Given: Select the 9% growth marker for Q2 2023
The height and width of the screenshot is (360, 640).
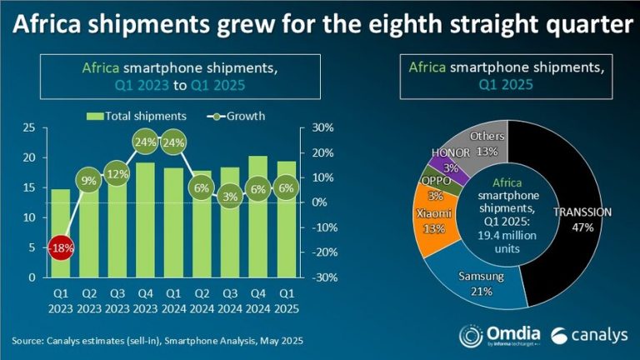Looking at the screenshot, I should pyautogui.click(x=89, y=180).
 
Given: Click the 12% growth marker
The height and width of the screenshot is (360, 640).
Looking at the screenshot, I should pyautogui.click(x=117, y=173).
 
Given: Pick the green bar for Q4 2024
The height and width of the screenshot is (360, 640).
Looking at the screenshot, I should pyautogui.click(x=257, y=217).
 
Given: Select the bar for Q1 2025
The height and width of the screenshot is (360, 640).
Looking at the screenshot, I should pyautogui.click(x=286, y=218).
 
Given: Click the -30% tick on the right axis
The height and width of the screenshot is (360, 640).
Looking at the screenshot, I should pyautogui.click(x=323, y=277).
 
